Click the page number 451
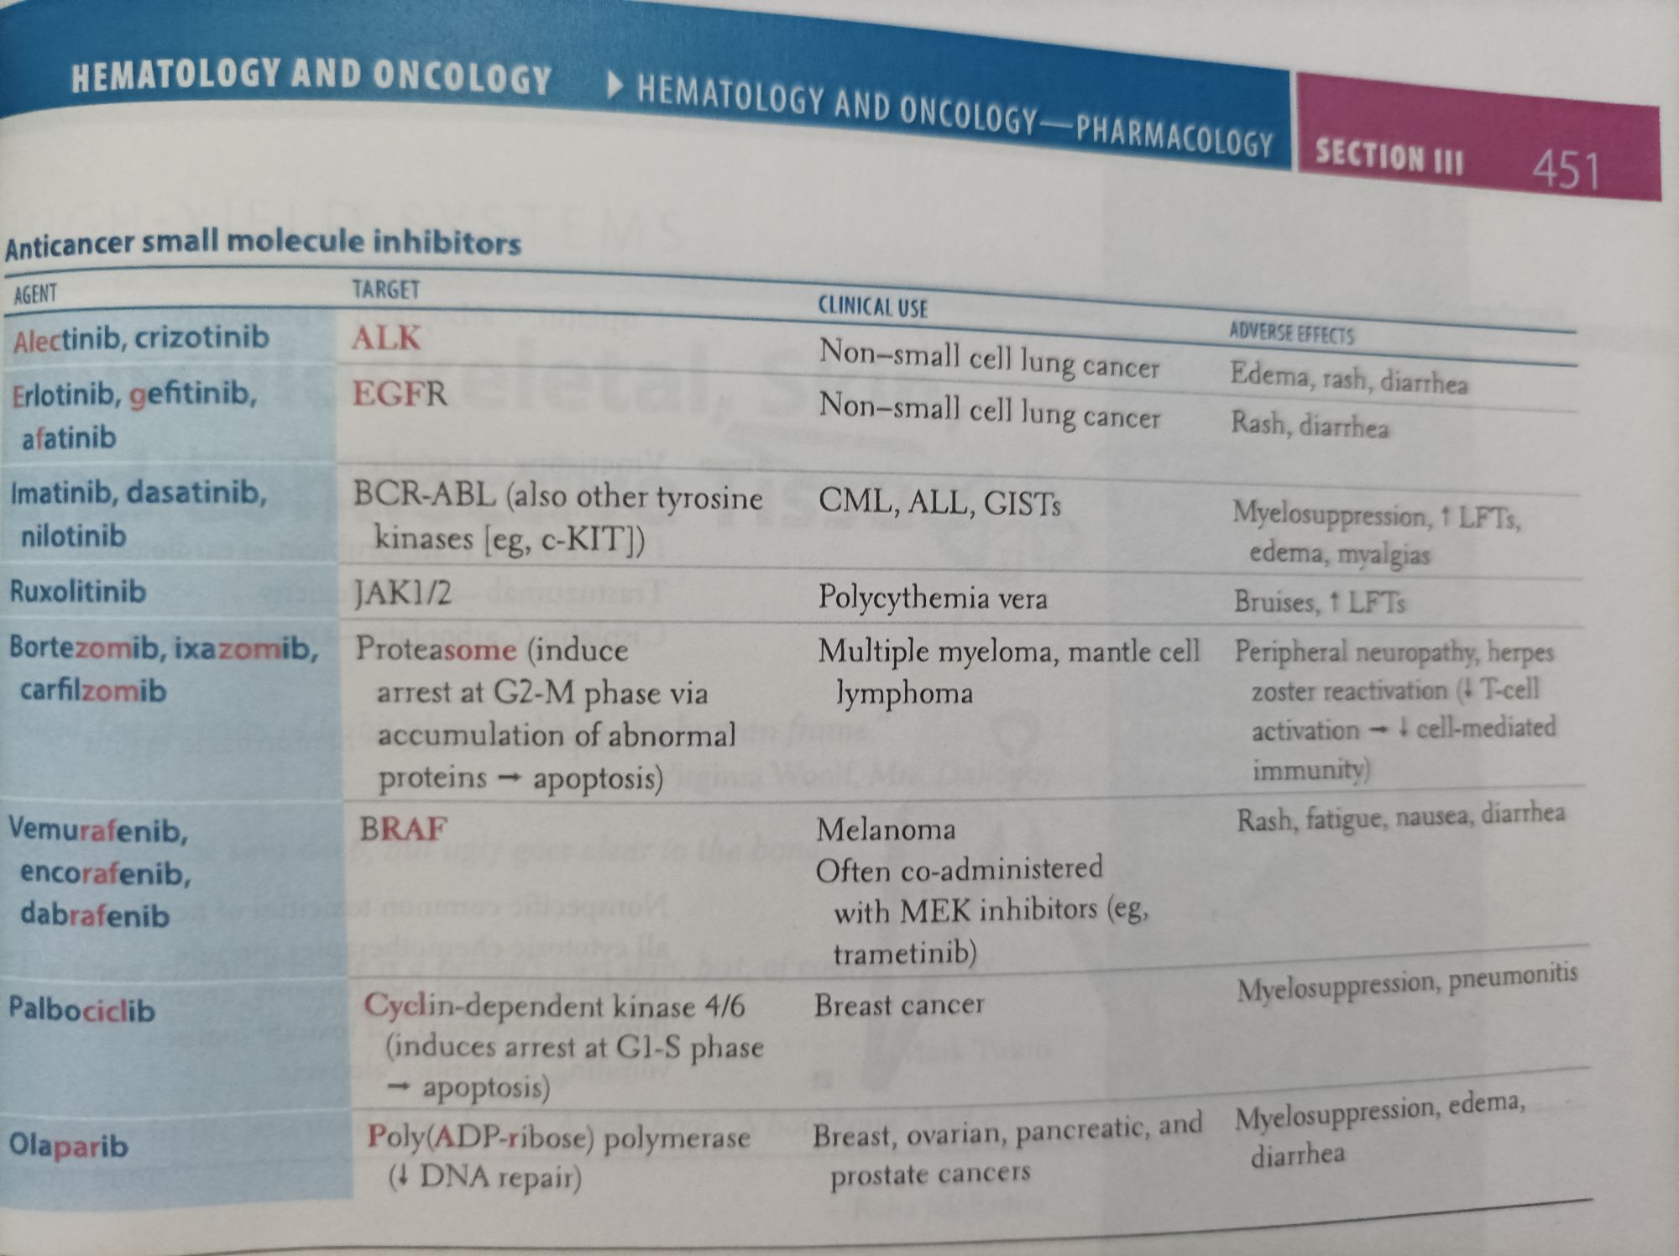1566,169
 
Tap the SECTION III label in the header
1389,157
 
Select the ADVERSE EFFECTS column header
1291,333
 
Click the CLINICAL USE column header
872,307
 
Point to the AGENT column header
35,294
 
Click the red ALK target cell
385,338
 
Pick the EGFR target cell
399,393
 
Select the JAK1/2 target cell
402,594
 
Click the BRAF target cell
403,829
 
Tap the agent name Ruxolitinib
77,591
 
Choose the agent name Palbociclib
81,1008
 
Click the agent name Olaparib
68,1144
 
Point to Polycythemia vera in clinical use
932,598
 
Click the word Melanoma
886,829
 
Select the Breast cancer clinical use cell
898,1004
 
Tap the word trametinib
904,953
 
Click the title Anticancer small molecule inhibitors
263,243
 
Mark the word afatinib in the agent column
69,437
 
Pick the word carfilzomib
92,690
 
